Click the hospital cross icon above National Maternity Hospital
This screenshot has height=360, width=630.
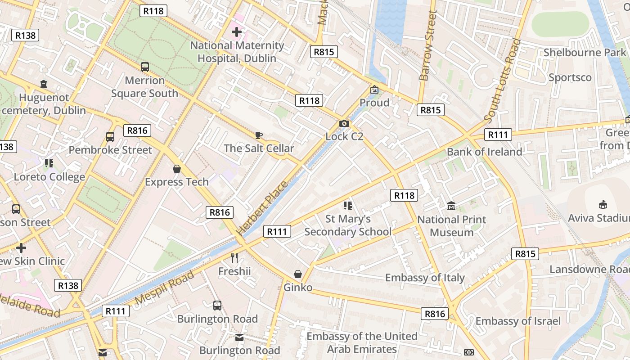(x=236, y=32)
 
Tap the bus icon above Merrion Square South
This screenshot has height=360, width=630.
(x=144, y=67)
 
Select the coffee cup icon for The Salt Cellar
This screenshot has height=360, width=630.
(x=258, y=135)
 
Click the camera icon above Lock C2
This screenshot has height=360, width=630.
(x=344, y=123)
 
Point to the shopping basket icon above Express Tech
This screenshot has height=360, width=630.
(x=177, y=169)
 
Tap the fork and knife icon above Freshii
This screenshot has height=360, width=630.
(x=234, y=258)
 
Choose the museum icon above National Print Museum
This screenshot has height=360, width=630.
(x=451, y=206)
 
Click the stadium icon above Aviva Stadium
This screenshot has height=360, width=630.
(x=603, y=205)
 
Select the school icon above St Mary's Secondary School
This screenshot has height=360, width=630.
(x=347, y=206)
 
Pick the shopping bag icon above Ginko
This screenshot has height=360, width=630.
(x=297, y=274)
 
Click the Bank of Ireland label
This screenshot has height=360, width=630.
(x=484, y=152)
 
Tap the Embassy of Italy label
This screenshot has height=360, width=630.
(x=424, y=277)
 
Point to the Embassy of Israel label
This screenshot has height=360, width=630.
(x=518, y=321)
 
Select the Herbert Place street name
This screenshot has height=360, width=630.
(x=262, y=207)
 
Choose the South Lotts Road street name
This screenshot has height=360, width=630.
(x=503, y=81)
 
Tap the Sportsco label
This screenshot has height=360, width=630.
(x=570, y=77)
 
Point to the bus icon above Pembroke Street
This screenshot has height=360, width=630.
(x=110, y=137)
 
